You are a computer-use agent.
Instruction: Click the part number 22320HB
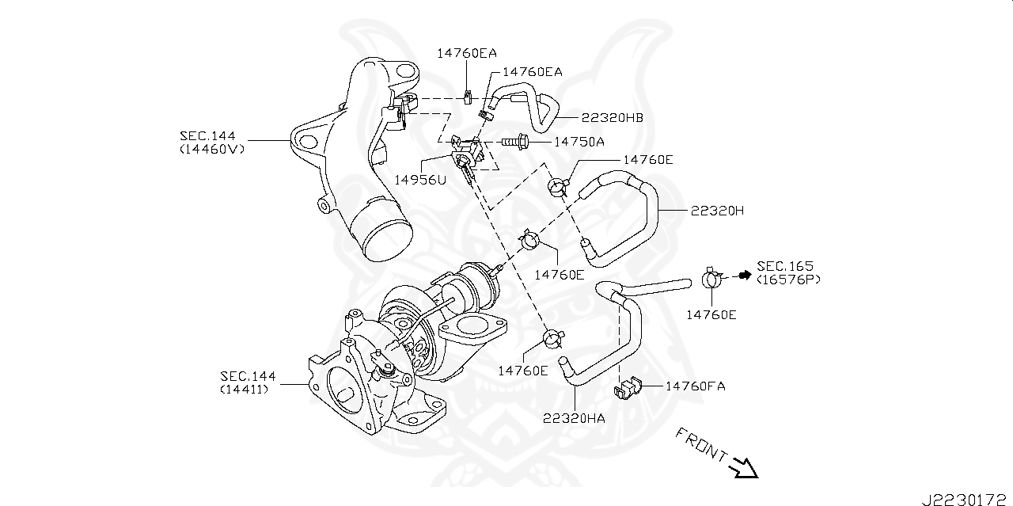[612, 118]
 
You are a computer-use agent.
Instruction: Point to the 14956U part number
[420, 179]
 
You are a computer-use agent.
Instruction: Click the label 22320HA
[574, 417]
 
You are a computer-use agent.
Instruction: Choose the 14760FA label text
[695, 386]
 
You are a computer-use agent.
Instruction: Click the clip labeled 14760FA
[627, 389]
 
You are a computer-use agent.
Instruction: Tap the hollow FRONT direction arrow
[744, 468]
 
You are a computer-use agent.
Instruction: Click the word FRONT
[701, 445]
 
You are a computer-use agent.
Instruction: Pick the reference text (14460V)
[211, 148]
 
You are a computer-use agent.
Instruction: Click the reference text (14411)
[244, 389]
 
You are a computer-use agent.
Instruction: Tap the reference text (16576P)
[789, 280]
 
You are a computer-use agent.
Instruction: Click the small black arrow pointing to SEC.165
[743, 275]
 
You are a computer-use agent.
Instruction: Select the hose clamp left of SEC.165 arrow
[711, 278]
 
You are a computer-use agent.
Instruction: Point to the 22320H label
[717, 211]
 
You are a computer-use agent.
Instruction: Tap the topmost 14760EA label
[467, 53]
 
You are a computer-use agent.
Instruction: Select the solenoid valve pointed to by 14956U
[465, 151]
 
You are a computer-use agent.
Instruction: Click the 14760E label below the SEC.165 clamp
[711, 314]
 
